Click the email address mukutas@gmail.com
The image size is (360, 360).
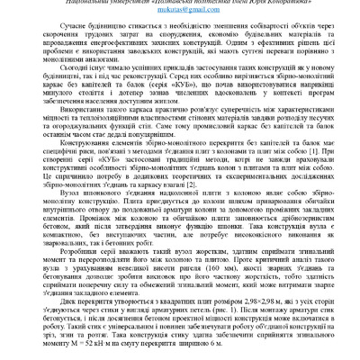[179, 14]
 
